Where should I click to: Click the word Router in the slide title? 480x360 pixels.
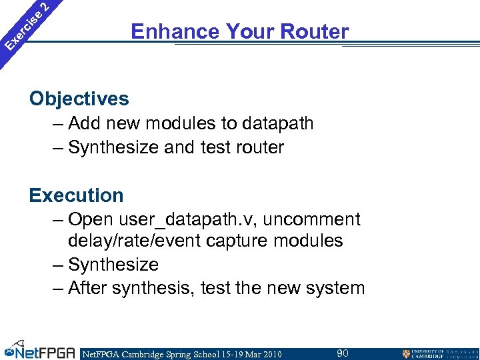(x=315, y=31)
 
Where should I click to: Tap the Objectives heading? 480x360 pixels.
(x=79, y=99)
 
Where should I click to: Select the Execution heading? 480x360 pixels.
(x=76, y=195)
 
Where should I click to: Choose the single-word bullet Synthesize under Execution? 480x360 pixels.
(x=113, y=265)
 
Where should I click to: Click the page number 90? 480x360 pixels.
(x=342, y=353)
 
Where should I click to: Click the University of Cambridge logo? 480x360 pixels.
(x=437, y=353)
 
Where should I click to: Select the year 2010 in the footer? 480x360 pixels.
(x=268, y=353)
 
